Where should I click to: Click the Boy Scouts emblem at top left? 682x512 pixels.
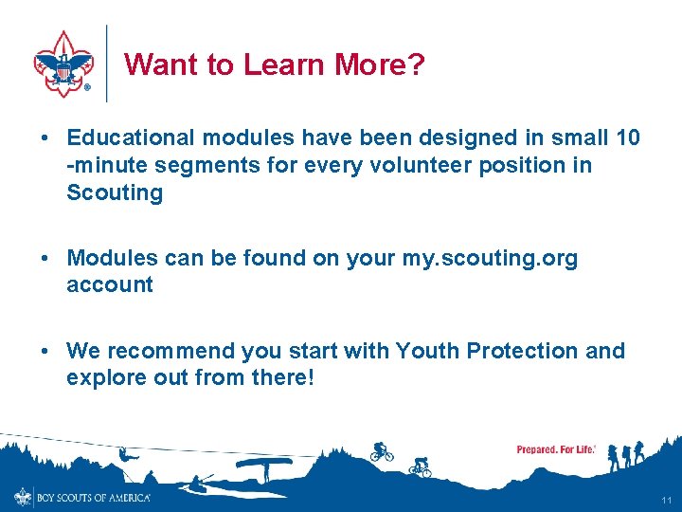[63, 64]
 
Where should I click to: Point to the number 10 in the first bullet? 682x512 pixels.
[627, 137]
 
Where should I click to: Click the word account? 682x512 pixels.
[109, 284]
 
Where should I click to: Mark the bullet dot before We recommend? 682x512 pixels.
[46, 351]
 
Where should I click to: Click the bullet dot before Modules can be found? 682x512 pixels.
[46, 258]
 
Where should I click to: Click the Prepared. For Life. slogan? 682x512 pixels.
[556, 449]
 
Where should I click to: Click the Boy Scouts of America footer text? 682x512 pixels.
[93, 497]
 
